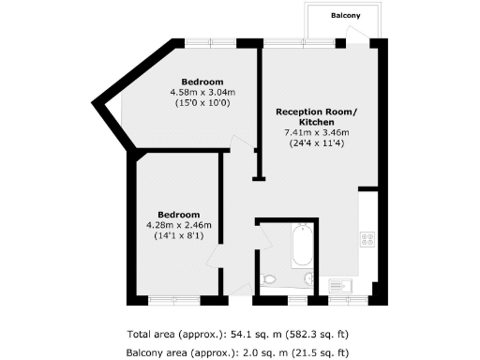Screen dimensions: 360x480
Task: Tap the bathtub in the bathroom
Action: pos(302,246)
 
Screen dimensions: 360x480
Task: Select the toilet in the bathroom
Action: pos(270,278)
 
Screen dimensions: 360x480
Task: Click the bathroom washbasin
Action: pos(310,277)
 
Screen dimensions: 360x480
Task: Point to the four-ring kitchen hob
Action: pos(367,238)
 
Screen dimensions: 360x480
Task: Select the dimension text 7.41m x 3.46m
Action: pos(315,133)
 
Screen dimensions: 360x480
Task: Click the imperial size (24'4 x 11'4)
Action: pos(315,144)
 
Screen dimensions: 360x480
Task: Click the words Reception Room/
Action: pos(315,112)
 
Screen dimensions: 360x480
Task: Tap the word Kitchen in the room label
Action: pos(315,123)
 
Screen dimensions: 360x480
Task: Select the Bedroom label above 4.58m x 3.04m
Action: pos(202,81)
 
